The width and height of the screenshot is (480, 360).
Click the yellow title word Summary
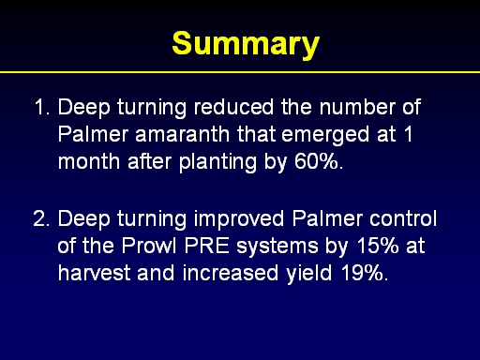click(x=246, y=44)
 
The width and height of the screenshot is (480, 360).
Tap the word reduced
click(x=233, y=107)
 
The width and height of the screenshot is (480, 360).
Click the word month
click(x=89, y=161)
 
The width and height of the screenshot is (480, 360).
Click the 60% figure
click(x=319, y=161)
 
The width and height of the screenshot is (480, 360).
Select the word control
click(x=403, y=218)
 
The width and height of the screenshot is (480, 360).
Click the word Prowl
click(x=149, y=246)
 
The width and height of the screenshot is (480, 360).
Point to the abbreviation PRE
click(x=207, y=246)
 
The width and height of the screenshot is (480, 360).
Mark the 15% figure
click(x=378, y=246)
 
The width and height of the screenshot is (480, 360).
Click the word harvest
click(x=94, y=273)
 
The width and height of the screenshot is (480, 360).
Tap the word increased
click(x=231, y=273)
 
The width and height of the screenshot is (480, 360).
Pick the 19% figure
click(x=365, y=273)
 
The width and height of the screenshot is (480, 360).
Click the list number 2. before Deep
click(x=41, y=218)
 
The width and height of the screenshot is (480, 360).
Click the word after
click(x=149, y=161)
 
